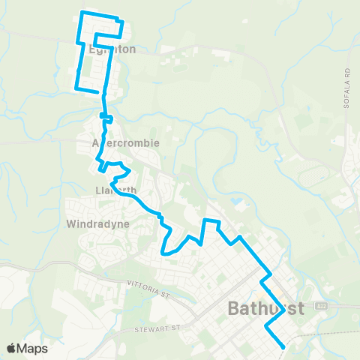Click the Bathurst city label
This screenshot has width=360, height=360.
pyautogui.click(x=265, y=308)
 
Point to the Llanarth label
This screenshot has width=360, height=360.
pyautogui.click(x=115, y=190)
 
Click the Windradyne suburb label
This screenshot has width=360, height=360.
pyautogui.click(x=98, y=223)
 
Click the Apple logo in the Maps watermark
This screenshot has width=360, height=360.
pyautogui.click(x=11, y=348)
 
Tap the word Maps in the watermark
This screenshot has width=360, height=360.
pyautogui.click(x=33, y=348)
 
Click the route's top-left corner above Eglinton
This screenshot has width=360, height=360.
pyautogui.click(x=81, y=13)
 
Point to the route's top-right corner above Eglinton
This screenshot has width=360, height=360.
pyautogui.click(x=118, y=18)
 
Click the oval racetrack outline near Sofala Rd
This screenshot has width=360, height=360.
pyautogui.click(x=316, y=177)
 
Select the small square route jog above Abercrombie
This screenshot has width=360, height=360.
pyautogui.click(x=106, y=118)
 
